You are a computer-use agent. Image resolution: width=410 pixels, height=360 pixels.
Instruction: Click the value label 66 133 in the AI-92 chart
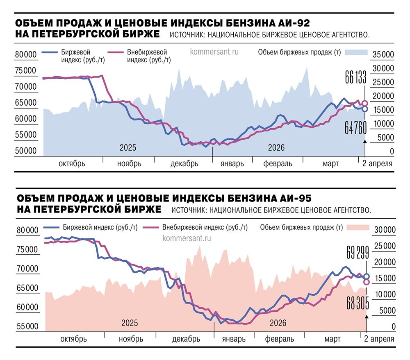click(355, 77)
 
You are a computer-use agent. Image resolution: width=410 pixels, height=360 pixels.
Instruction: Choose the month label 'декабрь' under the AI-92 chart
click(184, 164)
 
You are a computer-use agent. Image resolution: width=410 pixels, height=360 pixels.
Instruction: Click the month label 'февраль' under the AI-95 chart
click(279, 339)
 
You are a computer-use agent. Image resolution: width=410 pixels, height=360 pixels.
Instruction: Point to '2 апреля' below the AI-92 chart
click(377, 164)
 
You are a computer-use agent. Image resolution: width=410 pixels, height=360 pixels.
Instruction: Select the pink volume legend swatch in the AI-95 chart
click(357, 227)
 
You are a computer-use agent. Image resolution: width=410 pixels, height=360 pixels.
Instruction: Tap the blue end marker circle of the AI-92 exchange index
click(364, 109)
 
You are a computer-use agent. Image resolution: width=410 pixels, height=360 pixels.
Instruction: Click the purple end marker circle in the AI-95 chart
click(366, 282)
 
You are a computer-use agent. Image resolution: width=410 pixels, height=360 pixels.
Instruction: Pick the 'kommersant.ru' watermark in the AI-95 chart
click(187, 238)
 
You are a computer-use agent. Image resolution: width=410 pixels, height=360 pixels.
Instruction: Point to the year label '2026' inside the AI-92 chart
click(276, 147)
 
